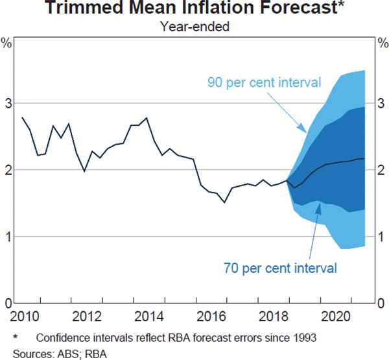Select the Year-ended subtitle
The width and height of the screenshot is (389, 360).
tap(194, 27)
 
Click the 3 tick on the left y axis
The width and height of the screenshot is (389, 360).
tap(8, 103)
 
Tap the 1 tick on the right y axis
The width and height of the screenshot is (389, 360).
tap(381, 237)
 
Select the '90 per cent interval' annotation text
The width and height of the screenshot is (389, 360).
tap(265, 82)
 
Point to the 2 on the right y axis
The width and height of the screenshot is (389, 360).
tap(381, 170)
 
